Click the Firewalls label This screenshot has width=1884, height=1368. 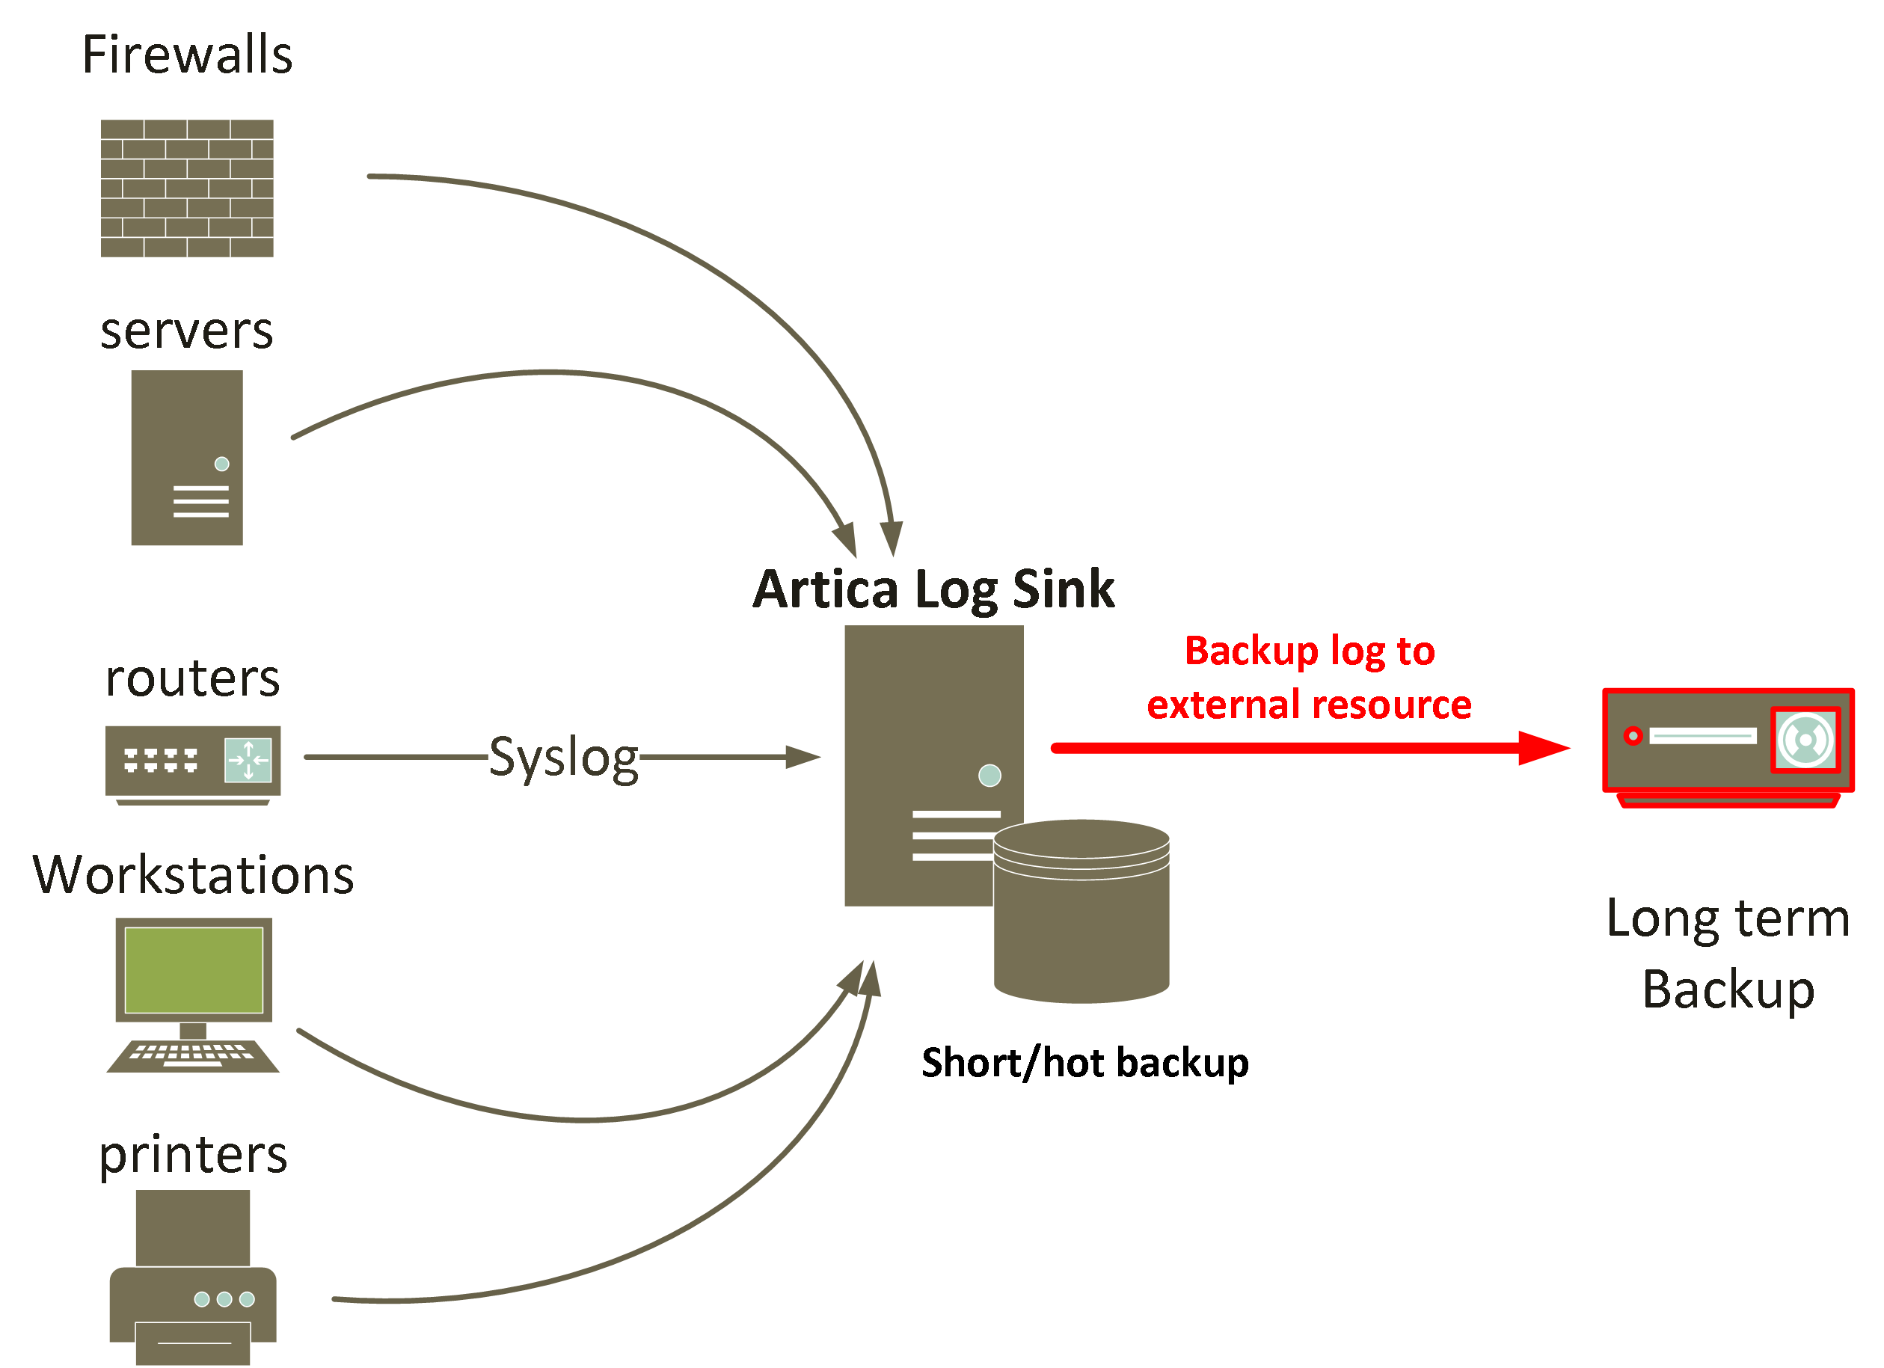click(x=187, y=55)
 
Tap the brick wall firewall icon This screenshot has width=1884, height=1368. click(x=187, y=188)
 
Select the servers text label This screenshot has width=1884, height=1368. click(x=187, y=331)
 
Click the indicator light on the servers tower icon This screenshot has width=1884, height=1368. click(x=222, y=464)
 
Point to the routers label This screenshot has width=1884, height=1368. click(x=193, y=678)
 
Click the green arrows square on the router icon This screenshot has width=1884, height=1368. click(x=248, y=760)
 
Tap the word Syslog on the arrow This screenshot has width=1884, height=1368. click(x=563, y=758)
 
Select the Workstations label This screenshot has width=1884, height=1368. click(x=193, y=875)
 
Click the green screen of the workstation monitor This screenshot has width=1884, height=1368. click(x=194, y=970)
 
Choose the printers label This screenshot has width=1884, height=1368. click(x=193, y=1155)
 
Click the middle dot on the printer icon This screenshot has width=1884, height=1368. click(x=224, y=1299)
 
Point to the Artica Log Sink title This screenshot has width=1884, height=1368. click(x=933, y=589)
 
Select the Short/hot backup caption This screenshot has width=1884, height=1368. click(x=1085, y=1063)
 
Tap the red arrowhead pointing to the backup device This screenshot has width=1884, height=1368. click(x=1541, y=747)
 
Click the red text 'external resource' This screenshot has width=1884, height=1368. click(x=1309, y=705)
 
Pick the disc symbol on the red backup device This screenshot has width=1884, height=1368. click(x=1805, y=739)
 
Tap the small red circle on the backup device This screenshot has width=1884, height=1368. click(x=1632, y=736)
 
